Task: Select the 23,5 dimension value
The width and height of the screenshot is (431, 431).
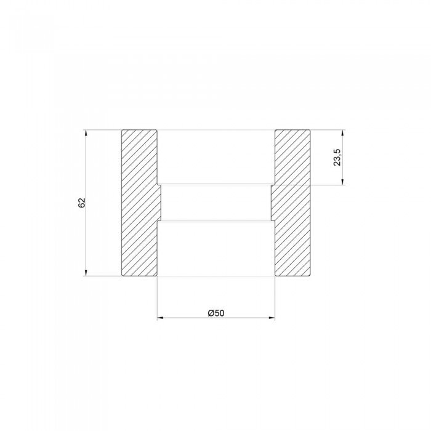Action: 337,157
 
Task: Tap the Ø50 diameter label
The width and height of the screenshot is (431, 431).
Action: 216,313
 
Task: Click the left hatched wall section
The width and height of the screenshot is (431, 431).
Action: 139,203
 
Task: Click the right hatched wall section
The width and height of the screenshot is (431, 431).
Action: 292,203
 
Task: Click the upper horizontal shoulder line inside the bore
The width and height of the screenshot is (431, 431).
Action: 216,183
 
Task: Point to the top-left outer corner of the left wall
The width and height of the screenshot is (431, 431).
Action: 122,129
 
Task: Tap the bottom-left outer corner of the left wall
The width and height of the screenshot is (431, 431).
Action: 122,276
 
